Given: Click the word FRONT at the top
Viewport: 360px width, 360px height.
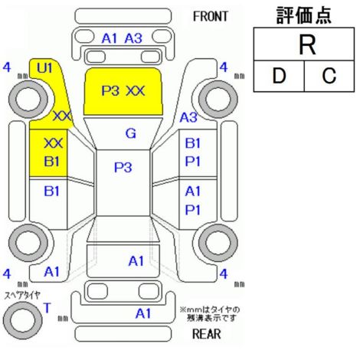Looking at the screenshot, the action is tap(210, 17).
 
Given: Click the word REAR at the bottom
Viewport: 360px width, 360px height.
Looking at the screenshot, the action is tap(207, 334).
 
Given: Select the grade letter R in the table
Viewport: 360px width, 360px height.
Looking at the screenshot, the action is tap(307, 44).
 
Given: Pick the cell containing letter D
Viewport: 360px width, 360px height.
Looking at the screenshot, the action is tap(279, 76).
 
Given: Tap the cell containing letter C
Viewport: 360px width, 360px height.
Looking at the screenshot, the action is tap(329, 76).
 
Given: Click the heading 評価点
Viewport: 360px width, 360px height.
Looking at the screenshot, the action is tap(304, 15).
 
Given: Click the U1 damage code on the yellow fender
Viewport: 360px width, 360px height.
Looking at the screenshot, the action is tap(44, 68).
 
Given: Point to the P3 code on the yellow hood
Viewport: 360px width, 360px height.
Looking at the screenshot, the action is tap(110, 90).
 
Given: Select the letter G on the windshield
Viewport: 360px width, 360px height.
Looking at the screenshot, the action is tap(131, 133).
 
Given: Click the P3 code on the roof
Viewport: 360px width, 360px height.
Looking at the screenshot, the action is tap(123, 167).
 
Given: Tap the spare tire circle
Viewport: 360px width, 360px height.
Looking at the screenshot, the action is tap(23, 320).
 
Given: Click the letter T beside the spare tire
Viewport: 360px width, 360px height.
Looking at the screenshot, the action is tap(47, 308).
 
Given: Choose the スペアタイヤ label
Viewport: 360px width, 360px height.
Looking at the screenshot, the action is tap(22, 296).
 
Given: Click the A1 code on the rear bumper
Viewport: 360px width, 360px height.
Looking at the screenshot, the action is tap(143, 313).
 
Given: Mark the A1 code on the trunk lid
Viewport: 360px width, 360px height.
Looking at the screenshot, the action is tap(136, 261).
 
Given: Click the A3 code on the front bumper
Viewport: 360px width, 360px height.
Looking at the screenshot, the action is tap(133, 38).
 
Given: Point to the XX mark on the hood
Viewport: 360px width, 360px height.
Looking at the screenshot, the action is tap(136, 90).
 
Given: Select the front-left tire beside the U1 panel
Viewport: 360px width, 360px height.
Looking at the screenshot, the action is tap(28, 99).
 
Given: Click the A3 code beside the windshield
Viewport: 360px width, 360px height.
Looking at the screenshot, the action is tap(188, 117).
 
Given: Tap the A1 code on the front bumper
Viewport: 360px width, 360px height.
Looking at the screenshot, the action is tap(110, 38).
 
